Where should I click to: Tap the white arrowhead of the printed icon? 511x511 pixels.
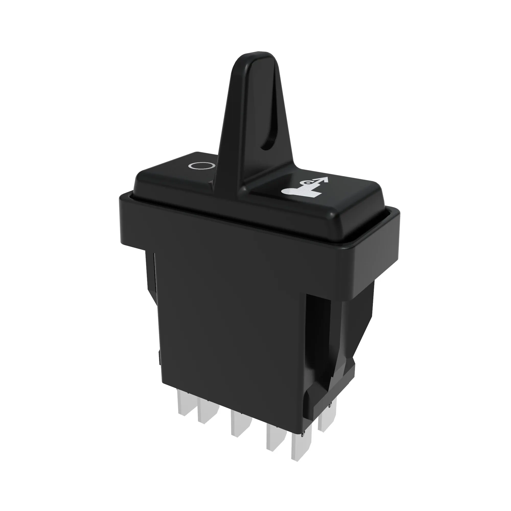324,180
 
